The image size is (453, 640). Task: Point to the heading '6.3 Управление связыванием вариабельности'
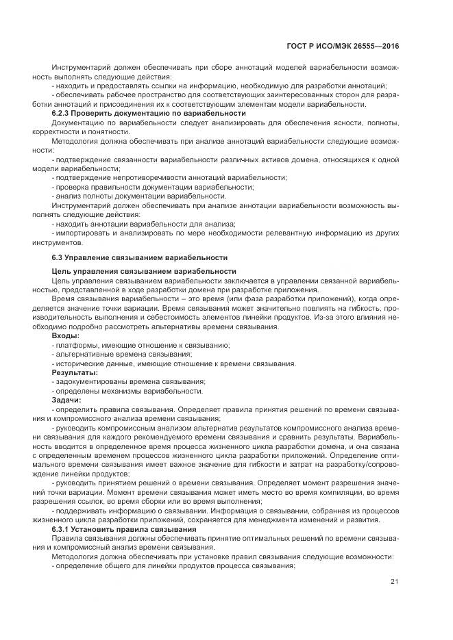[139, 257]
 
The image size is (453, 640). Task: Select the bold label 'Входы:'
[65, 336]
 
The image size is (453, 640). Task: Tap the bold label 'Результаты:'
[73, 372]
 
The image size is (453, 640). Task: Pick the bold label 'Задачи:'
[66, 398]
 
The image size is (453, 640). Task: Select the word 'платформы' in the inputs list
[75, 345]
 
